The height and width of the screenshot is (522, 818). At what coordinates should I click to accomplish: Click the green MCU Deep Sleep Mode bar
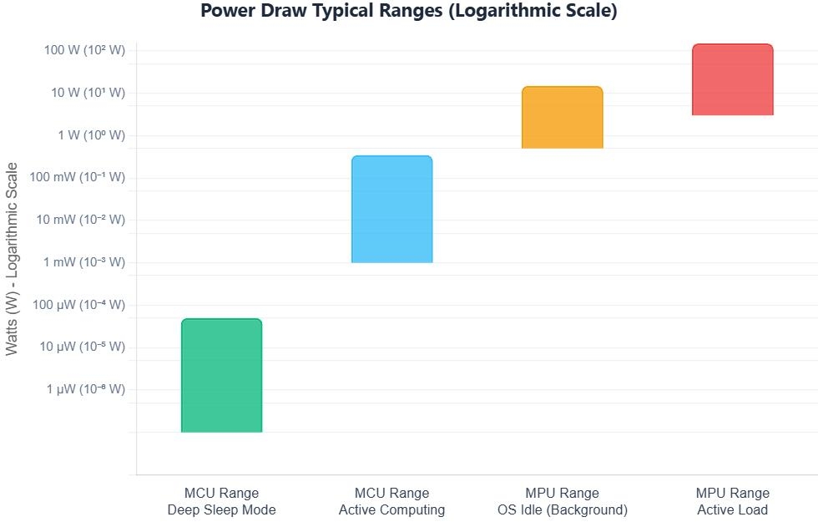point(221,376)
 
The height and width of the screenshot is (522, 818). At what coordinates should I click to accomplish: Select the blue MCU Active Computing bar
point(391,210)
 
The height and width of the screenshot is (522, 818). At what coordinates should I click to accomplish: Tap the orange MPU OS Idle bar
point(562,118)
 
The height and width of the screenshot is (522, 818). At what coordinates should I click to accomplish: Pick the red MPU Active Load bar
point(732,80)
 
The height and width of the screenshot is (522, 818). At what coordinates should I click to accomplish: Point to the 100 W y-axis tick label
point(84,50)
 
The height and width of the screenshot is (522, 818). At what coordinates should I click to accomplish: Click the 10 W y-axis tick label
point(88,93)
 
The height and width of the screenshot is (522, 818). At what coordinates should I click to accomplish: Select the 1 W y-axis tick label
point(91,135)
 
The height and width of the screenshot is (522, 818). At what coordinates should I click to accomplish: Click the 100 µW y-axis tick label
point(80,305)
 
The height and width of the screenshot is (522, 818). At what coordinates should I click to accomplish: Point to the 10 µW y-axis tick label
point(83,347)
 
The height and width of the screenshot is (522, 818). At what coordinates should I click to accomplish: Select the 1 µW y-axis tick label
point(87,389)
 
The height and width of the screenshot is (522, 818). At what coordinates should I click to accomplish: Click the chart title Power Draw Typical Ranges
point(408,12)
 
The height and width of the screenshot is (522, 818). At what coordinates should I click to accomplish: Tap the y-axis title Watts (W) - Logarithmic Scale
point(13,259)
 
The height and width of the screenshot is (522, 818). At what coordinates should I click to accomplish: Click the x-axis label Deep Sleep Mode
point(221,509)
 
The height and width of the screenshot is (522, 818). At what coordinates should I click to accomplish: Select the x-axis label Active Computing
point(391,509)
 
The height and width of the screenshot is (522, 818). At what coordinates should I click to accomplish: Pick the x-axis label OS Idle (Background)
point(562,509)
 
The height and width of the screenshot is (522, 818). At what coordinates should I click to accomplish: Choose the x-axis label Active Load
point(732,509)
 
